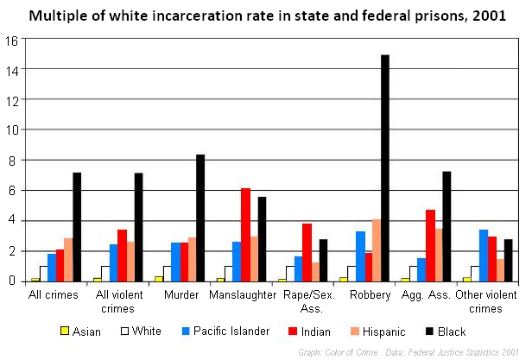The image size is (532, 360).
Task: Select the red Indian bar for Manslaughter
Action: (x=245, y=234)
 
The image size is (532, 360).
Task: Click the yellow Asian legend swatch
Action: (x=64, y=332)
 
